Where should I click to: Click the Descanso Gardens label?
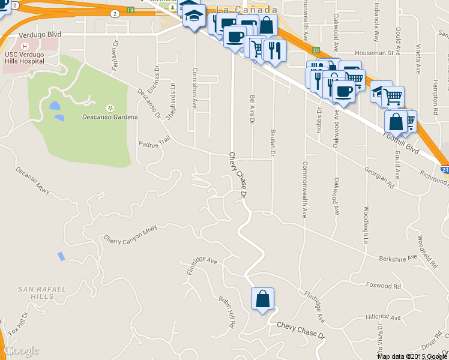(x=110, y=116)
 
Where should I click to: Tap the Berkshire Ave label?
(x=397, y=259)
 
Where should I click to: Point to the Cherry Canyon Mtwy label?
(x=130, y=234)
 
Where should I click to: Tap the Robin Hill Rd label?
(x=228, y=310)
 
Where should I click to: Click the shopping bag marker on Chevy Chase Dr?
(x=263, y=299)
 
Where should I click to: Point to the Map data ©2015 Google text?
(x=412, y=356)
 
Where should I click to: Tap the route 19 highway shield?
(x=131, y=10)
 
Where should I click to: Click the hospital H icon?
(x=25, y=46)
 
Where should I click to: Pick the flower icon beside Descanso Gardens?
(x=110, y=108)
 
